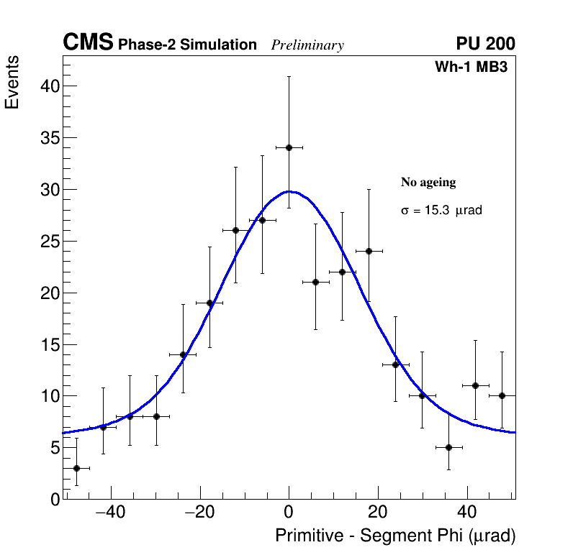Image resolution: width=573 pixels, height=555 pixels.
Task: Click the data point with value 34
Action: tap(289, 147)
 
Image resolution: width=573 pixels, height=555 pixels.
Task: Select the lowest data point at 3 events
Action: tap(76, 468)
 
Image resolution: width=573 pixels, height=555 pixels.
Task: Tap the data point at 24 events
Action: tap(369, 251)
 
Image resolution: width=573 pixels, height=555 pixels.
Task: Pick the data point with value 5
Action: tap(448, 447)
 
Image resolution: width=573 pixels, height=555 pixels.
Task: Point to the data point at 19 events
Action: tap(209, 303)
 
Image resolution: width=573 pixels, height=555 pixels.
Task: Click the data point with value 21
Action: tap(315, 282)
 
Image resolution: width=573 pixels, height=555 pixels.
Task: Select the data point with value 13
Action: tap(395, 364)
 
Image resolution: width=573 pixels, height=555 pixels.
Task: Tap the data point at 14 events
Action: tap(183, 354)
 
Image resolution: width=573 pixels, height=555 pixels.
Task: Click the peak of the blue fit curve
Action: tap(289, 191)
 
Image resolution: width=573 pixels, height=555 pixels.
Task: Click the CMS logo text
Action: tap(88, 43)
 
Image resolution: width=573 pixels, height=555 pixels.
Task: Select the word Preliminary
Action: tap(307, 45)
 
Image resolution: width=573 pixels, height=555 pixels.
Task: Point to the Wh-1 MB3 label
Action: tap(472, 68)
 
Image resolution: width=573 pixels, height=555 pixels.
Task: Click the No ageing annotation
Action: tap(428, 183)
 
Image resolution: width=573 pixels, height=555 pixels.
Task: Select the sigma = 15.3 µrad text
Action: tap(441, 211)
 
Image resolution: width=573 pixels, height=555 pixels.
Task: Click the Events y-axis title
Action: tap(12, 83)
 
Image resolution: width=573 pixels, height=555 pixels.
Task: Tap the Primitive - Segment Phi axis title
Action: tap(395, 536)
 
